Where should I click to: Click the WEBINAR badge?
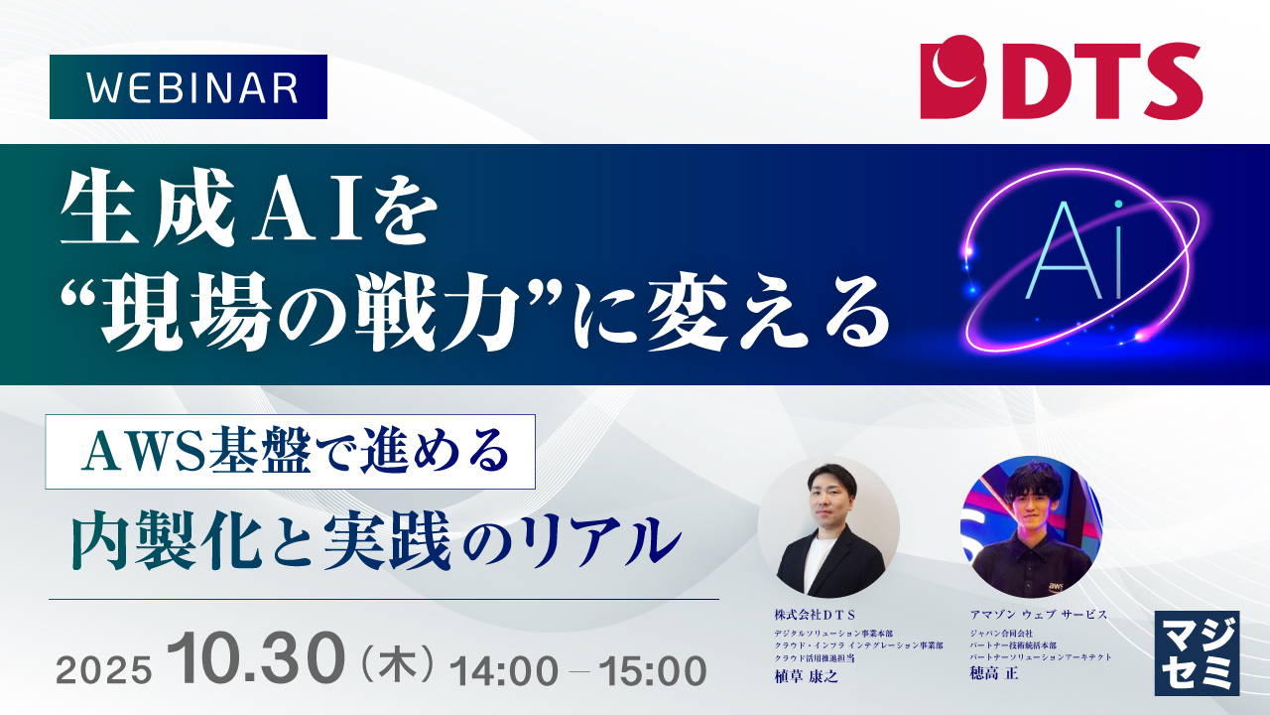[x=189, y=87]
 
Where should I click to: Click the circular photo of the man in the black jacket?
[x=829, y=527]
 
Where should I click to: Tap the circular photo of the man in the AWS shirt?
[x=1031, y=527]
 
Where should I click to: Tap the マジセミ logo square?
[x=1197, y=652]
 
